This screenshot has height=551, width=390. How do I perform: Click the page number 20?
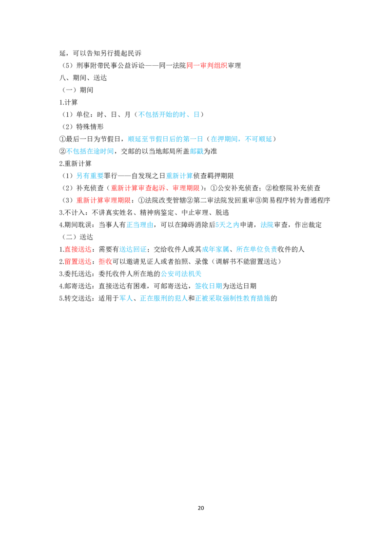click(x=201, y=508)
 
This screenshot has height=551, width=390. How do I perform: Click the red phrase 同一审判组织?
click(x=207, y=65)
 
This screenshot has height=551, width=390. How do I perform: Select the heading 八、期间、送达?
click(x=83, y=78)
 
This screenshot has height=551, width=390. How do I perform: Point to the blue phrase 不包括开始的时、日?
click(x=169, y=114)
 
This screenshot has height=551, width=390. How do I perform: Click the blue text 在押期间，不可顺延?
click(x=241, y=139)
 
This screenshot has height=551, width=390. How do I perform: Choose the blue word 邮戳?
click(x=197, y=151)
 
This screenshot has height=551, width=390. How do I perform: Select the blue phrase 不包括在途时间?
click(x=90, y=151)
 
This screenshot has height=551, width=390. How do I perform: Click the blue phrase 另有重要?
click(x=90, y=176)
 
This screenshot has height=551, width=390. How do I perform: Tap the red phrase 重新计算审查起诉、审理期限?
click(x=155, y=188)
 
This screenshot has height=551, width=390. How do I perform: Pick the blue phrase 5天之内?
click(x=227, y=225)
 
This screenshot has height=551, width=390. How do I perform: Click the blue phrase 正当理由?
click(x=140, y=225)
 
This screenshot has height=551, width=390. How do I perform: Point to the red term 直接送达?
click(x=78, y=250)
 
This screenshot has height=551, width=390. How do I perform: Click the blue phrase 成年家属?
click(x=215, y=250)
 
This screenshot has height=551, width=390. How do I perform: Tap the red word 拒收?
click(x=105, y=262)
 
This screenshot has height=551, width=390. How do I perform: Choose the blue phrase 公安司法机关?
click(x=181, y=274)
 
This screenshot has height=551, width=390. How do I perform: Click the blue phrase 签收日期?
click(x=208, y=286)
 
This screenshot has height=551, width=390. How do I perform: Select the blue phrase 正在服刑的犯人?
click(x=164, y=298)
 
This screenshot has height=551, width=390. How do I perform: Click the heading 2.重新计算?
click(x=76, y=164)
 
